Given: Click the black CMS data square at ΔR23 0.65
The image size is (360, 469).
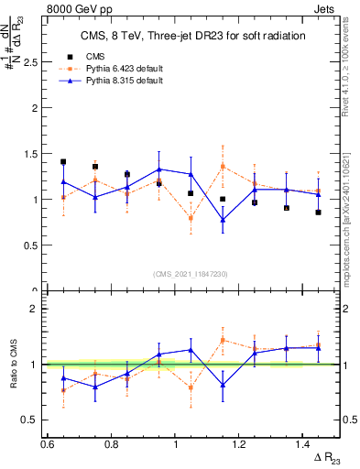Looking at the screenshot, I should click(x=63, y=162).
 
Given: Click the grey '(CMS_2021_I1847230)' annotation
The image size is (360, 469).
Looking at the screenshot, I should click(x=190, y=274).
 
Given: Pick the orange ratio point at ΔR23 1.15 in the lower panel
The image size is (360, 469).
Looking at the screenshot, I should click(x=223, y=340).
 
